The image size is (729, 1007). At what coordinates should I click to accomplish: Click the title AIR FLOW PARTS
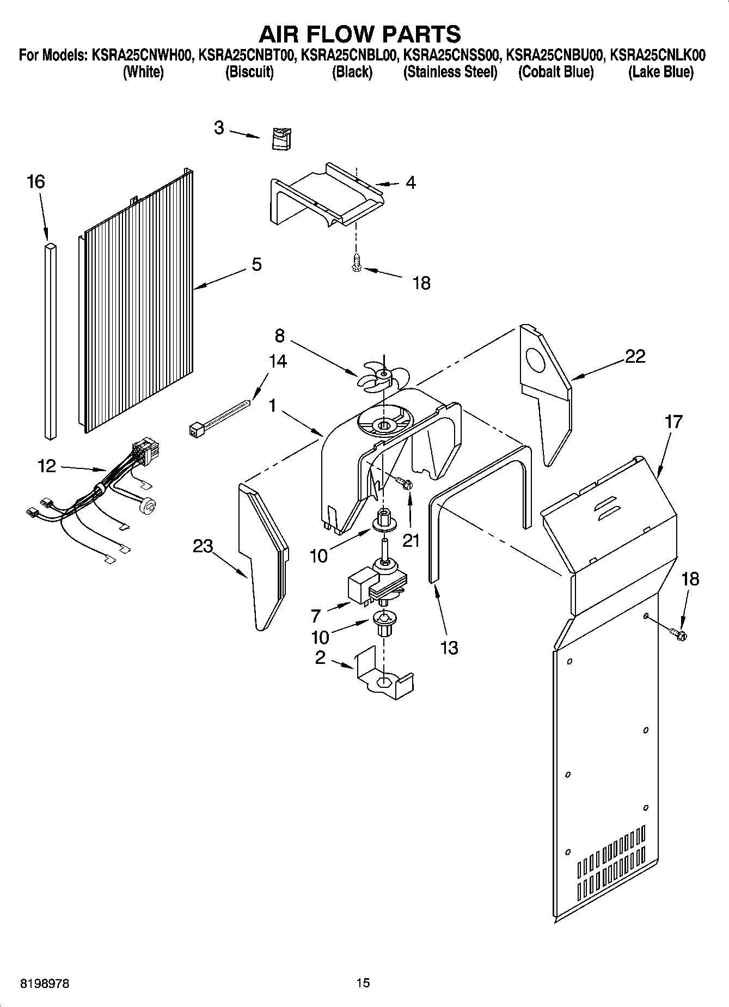(360, 34)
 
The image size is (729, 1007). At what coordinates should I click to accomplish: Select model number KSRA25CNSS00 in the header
(450, 56)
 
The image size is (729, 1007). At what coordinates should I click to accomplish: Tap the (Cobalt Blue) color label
(556, 72)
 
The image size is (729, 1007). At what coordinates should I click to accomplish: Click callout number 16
(36, 182)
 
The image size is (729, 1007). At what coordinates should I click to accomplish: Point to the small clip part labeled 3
(281, 137)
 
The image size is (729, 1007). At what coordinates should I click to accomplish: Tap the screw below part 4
(356, 263)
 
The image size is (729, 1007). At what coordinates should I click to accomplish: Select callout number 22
(635, 356)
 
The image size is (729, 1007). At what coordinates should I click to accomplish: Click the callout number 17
(673, 422)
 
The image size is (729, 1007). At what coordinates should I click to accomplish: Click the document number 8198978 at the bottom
(45, 984)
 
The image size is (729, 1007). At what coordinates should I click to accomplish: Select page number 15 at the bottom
(363, 983)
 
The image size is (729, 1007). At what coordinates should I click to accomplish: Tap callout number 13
(449, 648)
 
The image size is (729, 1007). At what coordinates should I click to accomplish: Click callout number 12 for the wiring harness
(47, 466)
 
